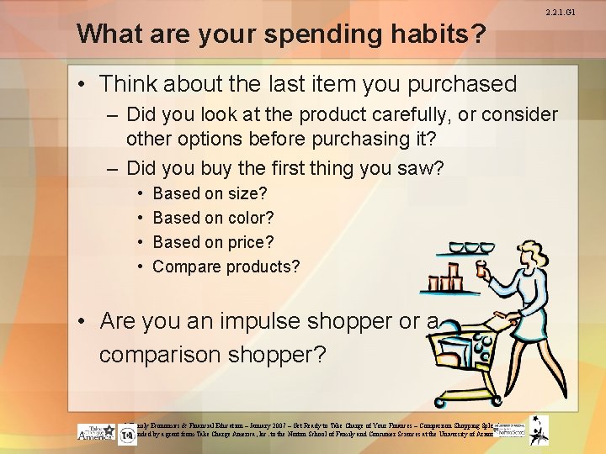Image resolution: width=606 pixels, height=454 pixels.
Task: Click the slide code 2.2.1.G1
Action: tap(582, 13)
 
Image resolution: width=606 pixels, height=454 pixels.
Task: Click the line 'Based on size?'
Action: tap(210, 193)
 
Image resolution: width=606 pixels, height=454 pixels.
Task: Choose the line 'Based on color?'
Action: tap(213, 218)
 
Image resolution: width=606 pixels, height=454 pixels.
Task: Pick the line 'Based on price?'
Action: tap(213, 242)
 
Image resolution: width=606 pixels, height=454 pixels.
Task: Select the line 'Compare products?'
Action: tap(226, 267)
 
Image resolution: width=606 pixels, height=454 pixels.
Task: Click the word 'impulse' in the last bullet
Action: tap(252, 321)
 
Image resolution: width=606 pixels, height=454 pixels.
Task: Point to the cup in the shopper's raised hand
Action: tap(483, 271)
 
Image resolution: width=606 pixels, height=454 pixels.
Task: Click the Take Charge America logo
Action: tap(96, 432)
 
